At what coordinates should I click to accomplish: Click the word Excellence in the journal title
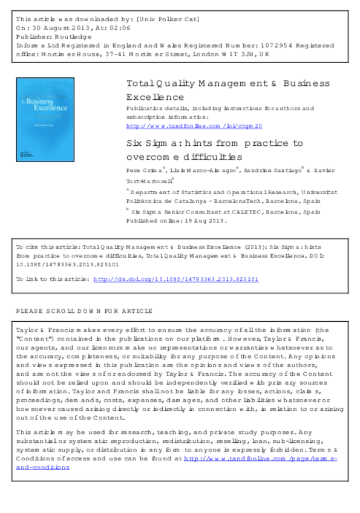click(155, 97)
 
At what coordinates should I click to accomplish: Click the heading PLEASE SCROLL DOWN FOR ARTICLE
click(84, 311)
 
